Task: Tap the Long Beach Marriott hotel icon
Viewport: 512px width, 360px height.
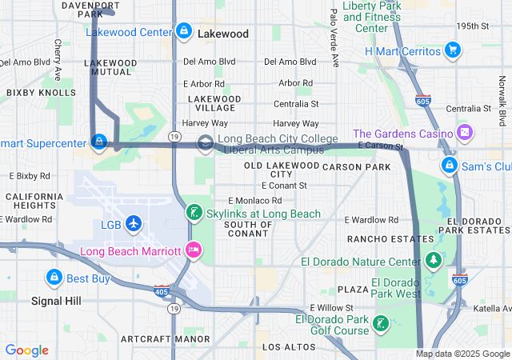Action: click(193, 251)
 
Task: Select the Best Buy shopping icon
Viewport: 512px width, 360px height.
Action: click(54, 278)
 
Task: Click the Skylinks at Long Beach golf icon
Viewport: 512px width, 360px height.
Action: click(193, 214)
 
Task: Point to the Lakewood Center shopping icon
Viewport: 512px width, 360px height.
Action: click(184, 31)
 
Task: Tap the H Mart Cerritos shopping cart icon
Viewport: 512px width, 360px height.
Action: click(453, 51)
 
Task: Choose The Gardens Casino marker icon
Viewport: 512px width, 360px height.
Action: click(465, 133)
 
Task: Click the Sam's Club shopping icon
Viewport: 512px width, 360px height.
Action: click(450, 166)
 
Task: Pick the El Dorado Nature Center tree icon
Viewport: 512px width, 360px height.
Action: click(434, 261)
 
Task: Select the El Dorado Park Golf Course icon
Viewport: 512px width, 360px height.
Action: click(382, 324)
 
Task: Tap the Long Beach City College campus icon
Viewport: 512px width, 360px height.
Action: click(206, 143)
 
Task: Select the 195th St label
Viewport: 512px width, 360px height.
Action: click(472, 26)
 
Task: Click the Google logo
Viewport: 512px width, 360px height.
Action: click(27, 350)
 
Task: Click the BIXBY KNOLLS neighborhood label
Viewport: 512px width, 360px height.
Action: click(31, 93)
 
